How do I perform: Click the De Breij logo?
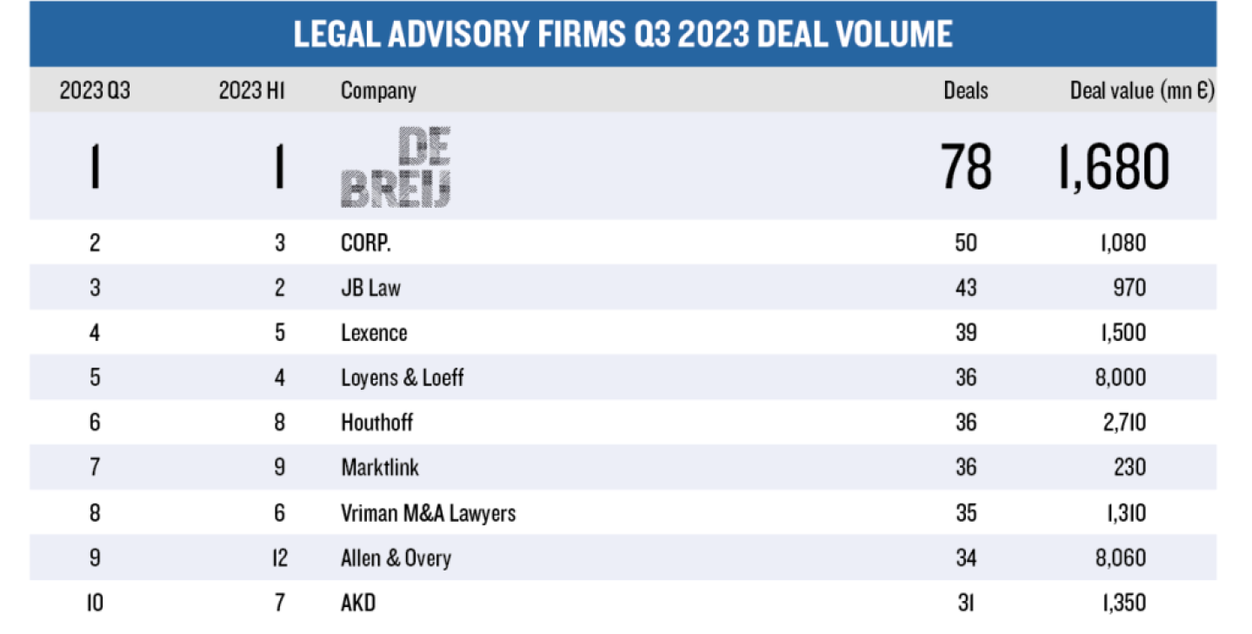pyautogui.click(x=396, y=167)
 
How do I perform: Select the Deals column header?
pyautogui.click(x=966, y=90)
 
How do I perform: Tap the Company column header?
pyautogui.click(x=378, y=90)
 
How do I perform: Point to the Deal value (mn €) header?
pyautogui.click(x=1142, y=90)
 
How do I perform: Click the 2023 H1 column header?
pyautogui.click(x=252, y=90)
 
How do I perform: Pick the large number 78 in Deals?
pyautogui.click(x=966, y=167)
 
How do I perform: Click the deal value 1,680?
pyautogui.click(x=1113, y=167)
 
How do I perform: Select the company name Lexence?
pyautogui.click(x=374, y=332)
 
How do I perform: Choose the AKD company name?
pyautogui.click(x=358, y=602)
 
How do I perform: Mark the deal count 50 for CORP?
pyautogui.click(x=966, y=242)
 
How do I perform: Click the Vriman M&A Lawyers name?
pyautogui.click(x=428, y=512)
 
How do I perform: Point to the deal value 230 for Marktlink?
pyautogui.click(x=1128, y=467)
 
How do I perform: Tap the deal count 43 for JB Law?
pyautogui.click(x=966, y=288)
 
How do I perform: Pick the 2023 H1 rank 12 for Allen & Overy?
pyautogui.click(x=279, y=557)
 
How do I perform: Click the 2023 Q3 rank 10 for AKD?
pyautogui.click(x=95, y=602)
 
